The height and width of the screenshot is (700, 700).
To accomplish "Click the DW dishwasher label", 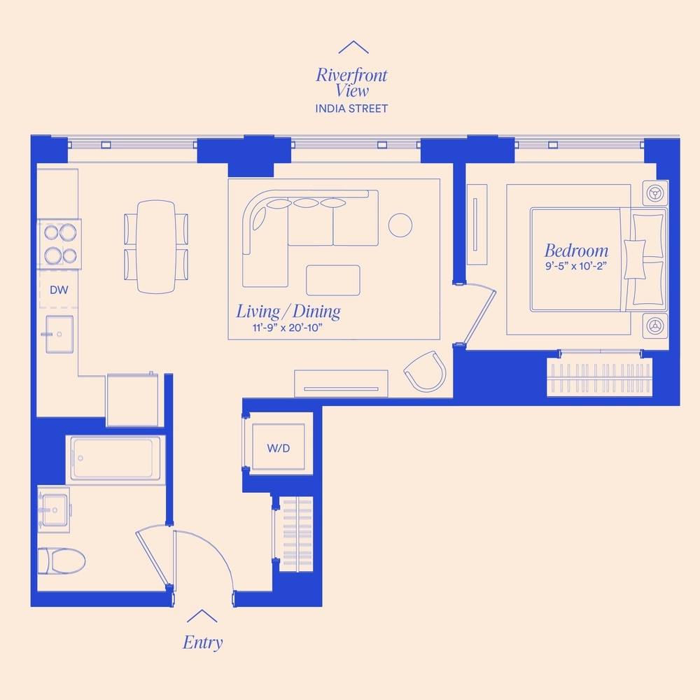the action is click(59, 290).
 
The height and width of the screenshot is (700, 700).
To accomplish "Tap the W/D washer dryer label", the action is click(279, 448).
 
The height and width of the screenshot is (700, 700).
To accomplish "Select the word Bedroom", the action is click(576, 251).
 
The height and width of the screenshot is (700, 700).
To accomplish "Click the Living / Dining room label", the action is click(288, 311).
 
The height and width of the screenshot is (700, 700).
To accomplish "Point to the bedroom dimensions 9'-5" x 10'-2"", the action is click(576, 266).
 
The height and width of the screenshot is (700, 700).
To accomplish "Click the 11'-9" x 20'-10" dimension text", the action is click(288, 328).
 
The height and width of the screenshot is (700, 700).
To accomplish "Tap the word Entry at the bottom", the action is click(203, 643).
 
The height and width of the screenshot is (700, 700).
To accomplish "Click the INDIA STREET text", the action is click(351, 108).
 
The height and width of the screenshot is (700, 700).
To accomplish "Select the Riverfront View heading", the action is click(352, 83).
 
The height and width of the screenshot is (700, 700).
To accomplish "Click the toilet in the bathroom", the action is click(62, 561).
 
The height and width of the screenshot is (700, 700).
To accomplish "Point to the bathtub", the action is click(116, 459).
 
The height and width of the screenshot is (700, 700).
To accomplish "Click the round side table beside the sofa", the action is click(400, 225).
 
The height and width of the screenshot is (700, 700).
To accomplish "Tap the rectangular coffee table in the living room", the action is click(333, 281).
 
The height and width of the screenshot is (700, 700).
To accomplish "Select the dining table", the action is click(156, 247).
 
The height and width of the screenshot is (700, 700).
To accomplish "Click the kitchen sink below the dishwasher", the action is click(59, 335).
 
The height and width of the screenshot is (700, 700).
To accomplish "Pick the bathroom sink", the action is click(55, 510).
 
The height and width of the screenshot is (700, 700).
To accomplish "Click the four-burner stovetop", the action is click(59, 244).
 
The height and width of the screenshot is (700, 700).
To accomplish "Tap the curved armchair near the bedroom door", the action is click(426, 372).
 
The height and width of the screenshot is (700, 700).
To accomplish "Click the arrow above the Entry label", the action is click(202, 615).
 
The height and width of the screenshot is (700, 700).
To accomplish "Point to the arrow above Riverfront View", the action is click(353, 47).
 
